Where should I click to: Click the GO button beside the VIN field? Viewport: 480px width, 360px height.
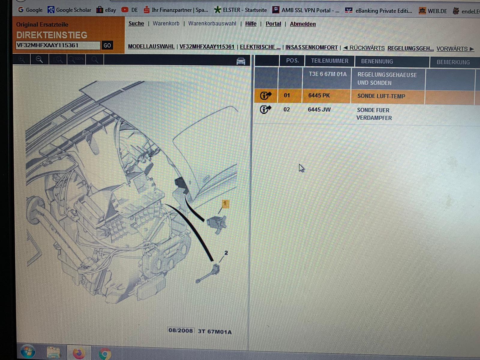107,46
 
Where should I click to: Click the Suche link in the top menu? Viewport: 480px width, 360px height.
136,23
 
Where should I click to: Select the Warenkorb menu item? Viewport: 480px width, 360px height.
166,23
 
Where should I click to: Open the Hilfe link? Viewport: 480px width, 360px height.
251,24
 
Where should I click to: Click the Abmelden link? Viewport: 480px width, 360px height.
303,24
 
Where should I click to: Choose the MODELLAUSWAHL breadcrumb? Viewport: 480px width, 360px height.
151,46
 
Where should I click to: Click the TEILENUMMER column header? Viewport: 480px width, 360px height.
329,61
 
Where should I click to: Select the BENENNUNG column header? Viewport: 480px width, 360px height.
377,61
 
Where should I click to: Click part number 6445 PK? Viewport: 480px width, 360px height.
319,95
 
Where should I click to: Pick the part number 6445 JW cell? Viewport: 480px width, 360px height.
319,109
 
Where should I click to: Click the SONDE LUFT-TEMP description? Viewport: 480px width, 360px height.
381,96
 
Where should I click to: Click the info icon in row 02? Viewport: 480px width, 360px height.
265,109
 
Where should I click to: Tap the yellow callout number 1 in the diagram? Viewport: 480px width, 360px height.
226,204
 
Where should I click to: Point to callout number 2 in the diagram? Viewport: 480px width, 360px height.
226,253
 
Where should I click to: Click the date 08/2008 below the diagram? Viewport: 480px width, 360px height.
181,330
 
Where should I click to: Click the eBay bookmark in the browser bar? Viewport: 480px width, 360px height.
106,10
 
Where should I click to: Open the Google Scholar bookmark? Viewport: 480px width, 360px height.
69,10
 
